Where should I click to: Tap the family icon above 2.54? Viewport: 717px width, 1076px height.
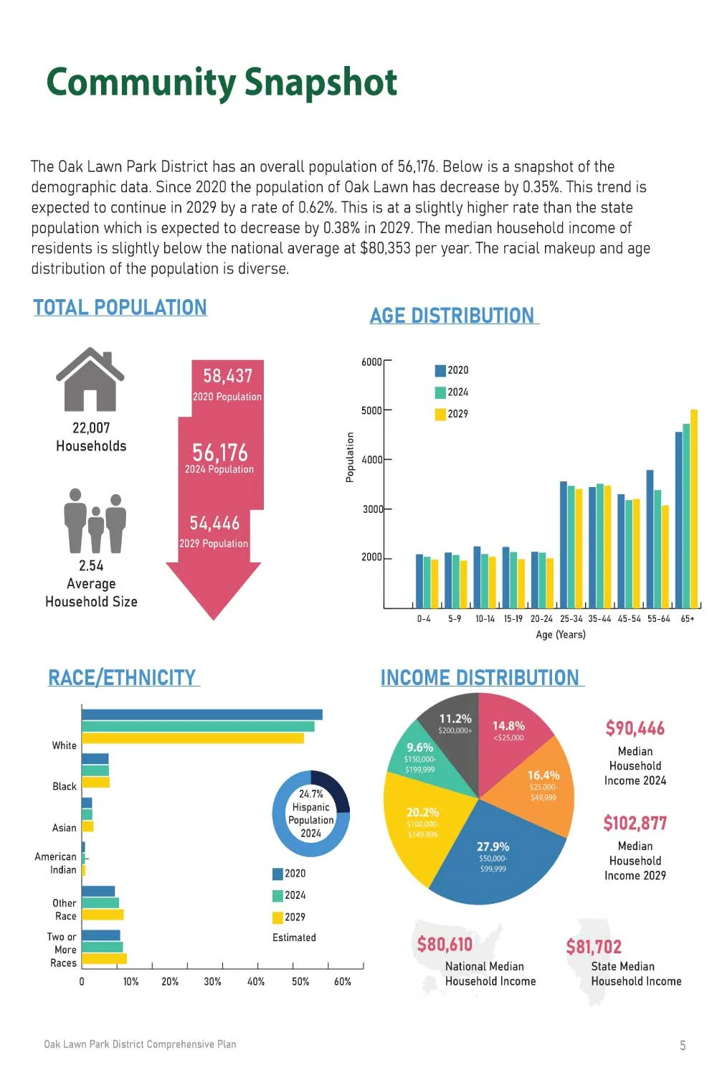(95, 521)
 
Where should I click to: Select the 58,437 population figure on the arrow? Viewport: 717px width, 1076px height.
(227, 376)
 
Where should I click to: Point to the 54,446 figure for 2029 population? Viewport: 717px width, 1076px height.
(214, 523)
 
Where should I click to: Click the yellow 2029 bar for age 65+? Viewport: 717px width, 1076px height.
(693, 509)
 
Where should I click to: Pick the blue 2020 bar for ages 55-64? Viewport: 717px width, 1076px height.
(650, 538)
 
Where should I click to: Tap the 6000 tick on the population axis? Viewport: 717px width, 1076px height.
(371, 362)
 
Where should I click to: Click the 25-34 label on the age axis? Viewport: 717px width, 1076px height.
(571, 618)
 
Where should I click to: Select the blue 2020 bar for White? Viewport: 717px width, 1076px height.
(201, 714)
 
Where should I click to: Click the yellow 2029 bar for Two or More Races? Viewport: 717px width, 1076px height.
(104, 959)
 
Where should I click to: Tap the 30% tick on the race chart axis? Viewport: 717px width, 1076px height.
(212, 981)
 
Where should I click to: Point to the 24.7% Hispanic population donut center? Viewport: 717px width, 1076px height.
(310, 813)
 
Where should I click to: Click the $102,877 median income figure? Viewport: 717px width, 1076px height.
(635, 823)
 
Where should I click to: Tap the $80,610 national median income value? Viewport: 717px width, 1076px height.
(445, 944)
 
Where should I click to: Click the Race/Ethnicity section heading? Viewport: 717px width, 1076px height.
(122, 677)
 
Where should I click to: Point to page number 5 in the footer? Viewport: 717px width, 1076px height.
(683, 1045)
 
